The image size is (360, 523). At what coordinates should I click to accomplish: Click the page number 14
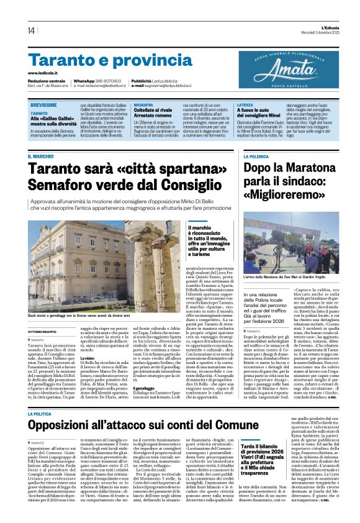31,30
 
